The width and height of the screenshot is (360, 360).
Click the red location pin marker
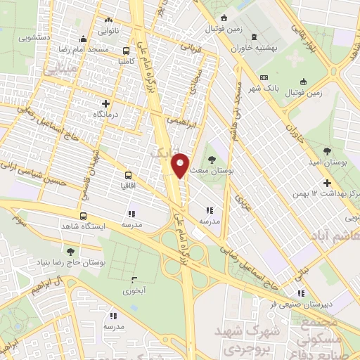[181, 165]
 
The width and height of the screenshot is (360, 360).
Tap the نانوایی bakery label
[108, 31]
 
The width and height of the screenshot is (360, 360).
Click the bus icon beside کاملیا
[126, 51]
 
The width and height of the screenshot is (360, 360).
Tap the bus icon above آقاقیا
[129, 174]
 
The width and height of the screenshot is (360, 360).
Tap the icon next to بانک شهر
[264, 77]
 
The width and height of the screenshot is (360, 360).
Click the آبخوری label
[134, 290]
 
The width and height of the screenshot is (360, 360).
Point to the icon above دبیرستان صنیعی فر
[301, 294]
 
